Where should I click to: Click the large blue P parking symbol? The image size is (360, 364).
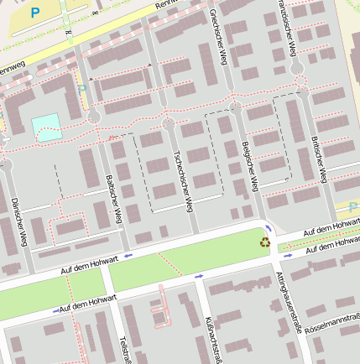click(x=34, y=13)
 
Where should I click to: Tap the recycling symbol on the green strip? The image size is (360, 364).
click(x=265, y=242)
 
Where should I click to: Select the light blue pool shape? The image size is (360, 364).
click(x=46, y=127)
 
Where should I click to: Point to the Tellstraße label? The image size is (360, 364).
click(x=126, y=347)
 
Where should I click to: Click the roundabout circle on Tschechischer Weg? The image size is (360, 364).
click(x=169, y=124)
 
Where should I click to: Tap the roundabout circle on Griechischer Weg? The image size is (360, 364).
click(x=236, y=107)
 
